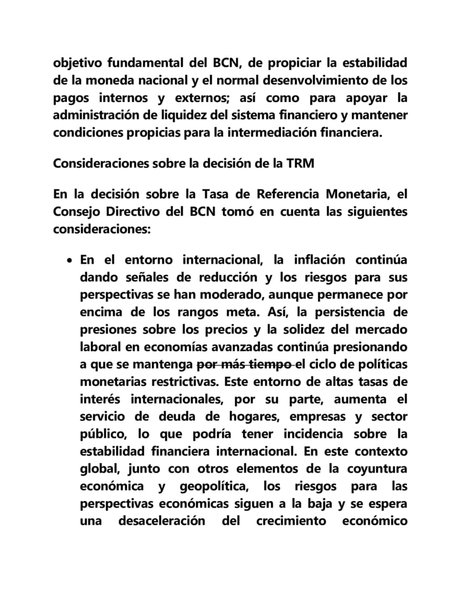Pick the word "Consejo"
click(75, 212)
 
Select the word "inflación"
click(311, 260)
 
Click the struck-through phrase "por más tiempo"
click(245, 365)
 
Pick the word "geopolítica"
click(214, 487)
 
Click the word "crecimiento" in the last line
click(291, 522)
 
